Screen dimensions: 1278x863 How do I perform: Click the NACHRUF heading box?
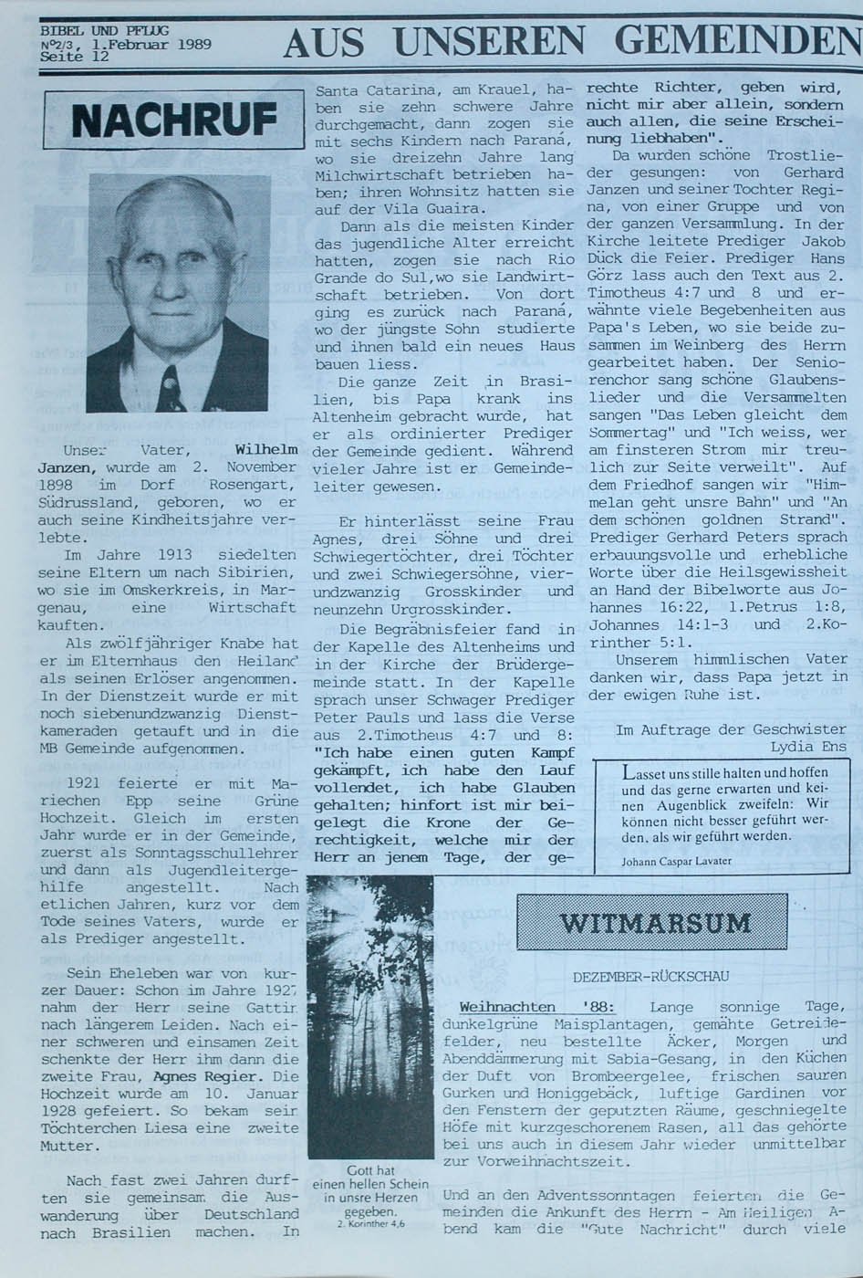(x=173, y=120)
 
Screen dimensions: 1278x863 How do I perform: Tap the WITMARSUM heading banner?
(x=651, y=922)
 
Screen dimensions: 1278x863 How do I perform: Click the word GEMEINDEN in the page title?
(x=737, y=41)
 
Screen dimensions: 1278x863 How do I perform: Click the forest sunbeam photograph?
(x=370, y=1017)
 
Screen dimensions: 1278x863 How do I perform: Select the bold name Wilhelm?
(x=266, y=450)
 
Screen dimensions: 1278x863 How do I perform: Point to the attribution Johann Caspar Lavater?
(x=676, y=861)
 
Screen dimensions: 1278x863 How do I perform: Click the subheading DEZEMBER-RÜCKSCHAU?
(x=650, y=977)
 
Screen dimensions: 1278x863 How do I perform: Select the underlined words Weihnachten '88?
(x=537, y=1007)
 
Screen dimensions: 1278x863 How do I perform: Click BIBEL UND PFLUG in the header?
(x=104, y=31)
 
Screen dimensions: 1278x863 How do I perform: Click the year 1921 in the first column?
(x=84, y=784)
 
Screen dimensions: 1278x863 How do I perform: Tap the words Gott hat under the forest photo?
(x=370, y=1170)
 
